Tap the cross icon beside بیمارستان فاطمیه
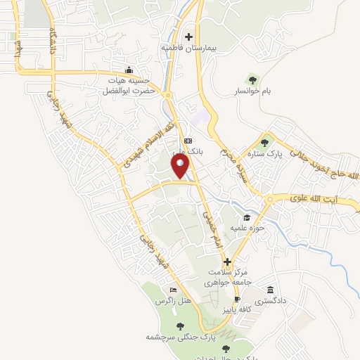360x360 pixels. [188, 37]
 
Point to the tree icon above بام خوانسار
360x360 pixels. [252, 78]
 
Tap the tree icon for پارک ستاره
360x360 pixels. [266, 143]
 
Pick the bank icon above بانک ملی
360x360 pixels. [187, 141]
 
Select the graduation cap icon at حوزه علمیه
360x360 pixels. [246, 218]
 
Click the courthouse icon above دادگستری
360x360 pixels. [271, 290]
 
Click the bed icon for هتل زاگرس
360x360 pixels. [173, 290]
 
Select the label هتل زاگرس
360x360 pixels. [175, 301]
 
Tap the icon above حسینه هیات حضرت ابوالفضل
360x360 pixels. [128, 70]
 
